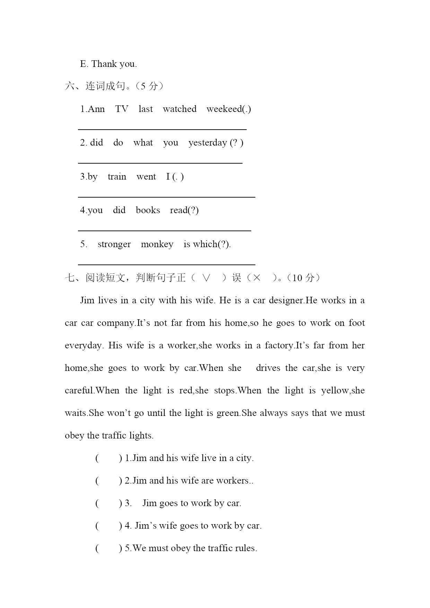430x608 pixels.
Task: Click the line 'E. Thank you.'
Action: [x=108, y=64]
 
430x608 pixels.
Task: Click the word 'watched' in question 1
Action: [x=179, y=109]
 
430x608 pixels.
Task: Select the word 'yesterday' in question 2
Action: [x=208, y=143]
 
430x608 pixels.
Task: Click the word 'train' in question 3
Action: [x=117, y=177]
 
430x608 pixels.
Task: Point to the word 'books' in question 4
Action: [x=148, y=210]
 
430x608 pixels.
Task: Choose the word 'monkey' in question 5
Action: [x=157, y=244]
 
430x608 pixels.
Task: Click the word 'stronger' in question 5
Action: [x=114, y=244]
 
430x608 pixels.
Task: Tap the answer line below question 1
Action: [x=162, y=129]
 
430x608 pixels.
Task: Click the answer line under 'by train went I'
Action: [x=166, y=197]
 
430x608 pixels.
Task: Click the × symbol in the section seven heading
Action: [x=256, y=278]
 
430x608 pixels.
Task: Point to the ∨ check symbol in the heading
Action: [x=206, y=278]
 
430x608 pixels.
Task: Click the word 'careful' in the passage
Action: [x=79, y=391]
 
